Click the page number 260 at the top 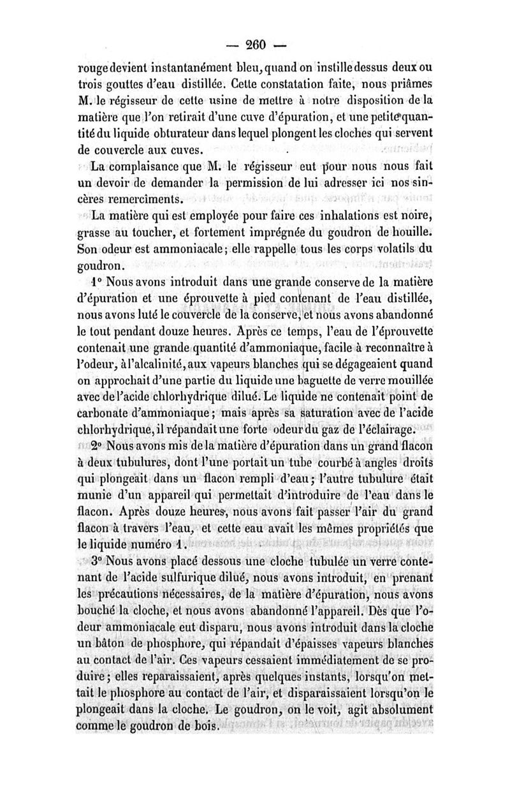[x=255, y=45]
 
